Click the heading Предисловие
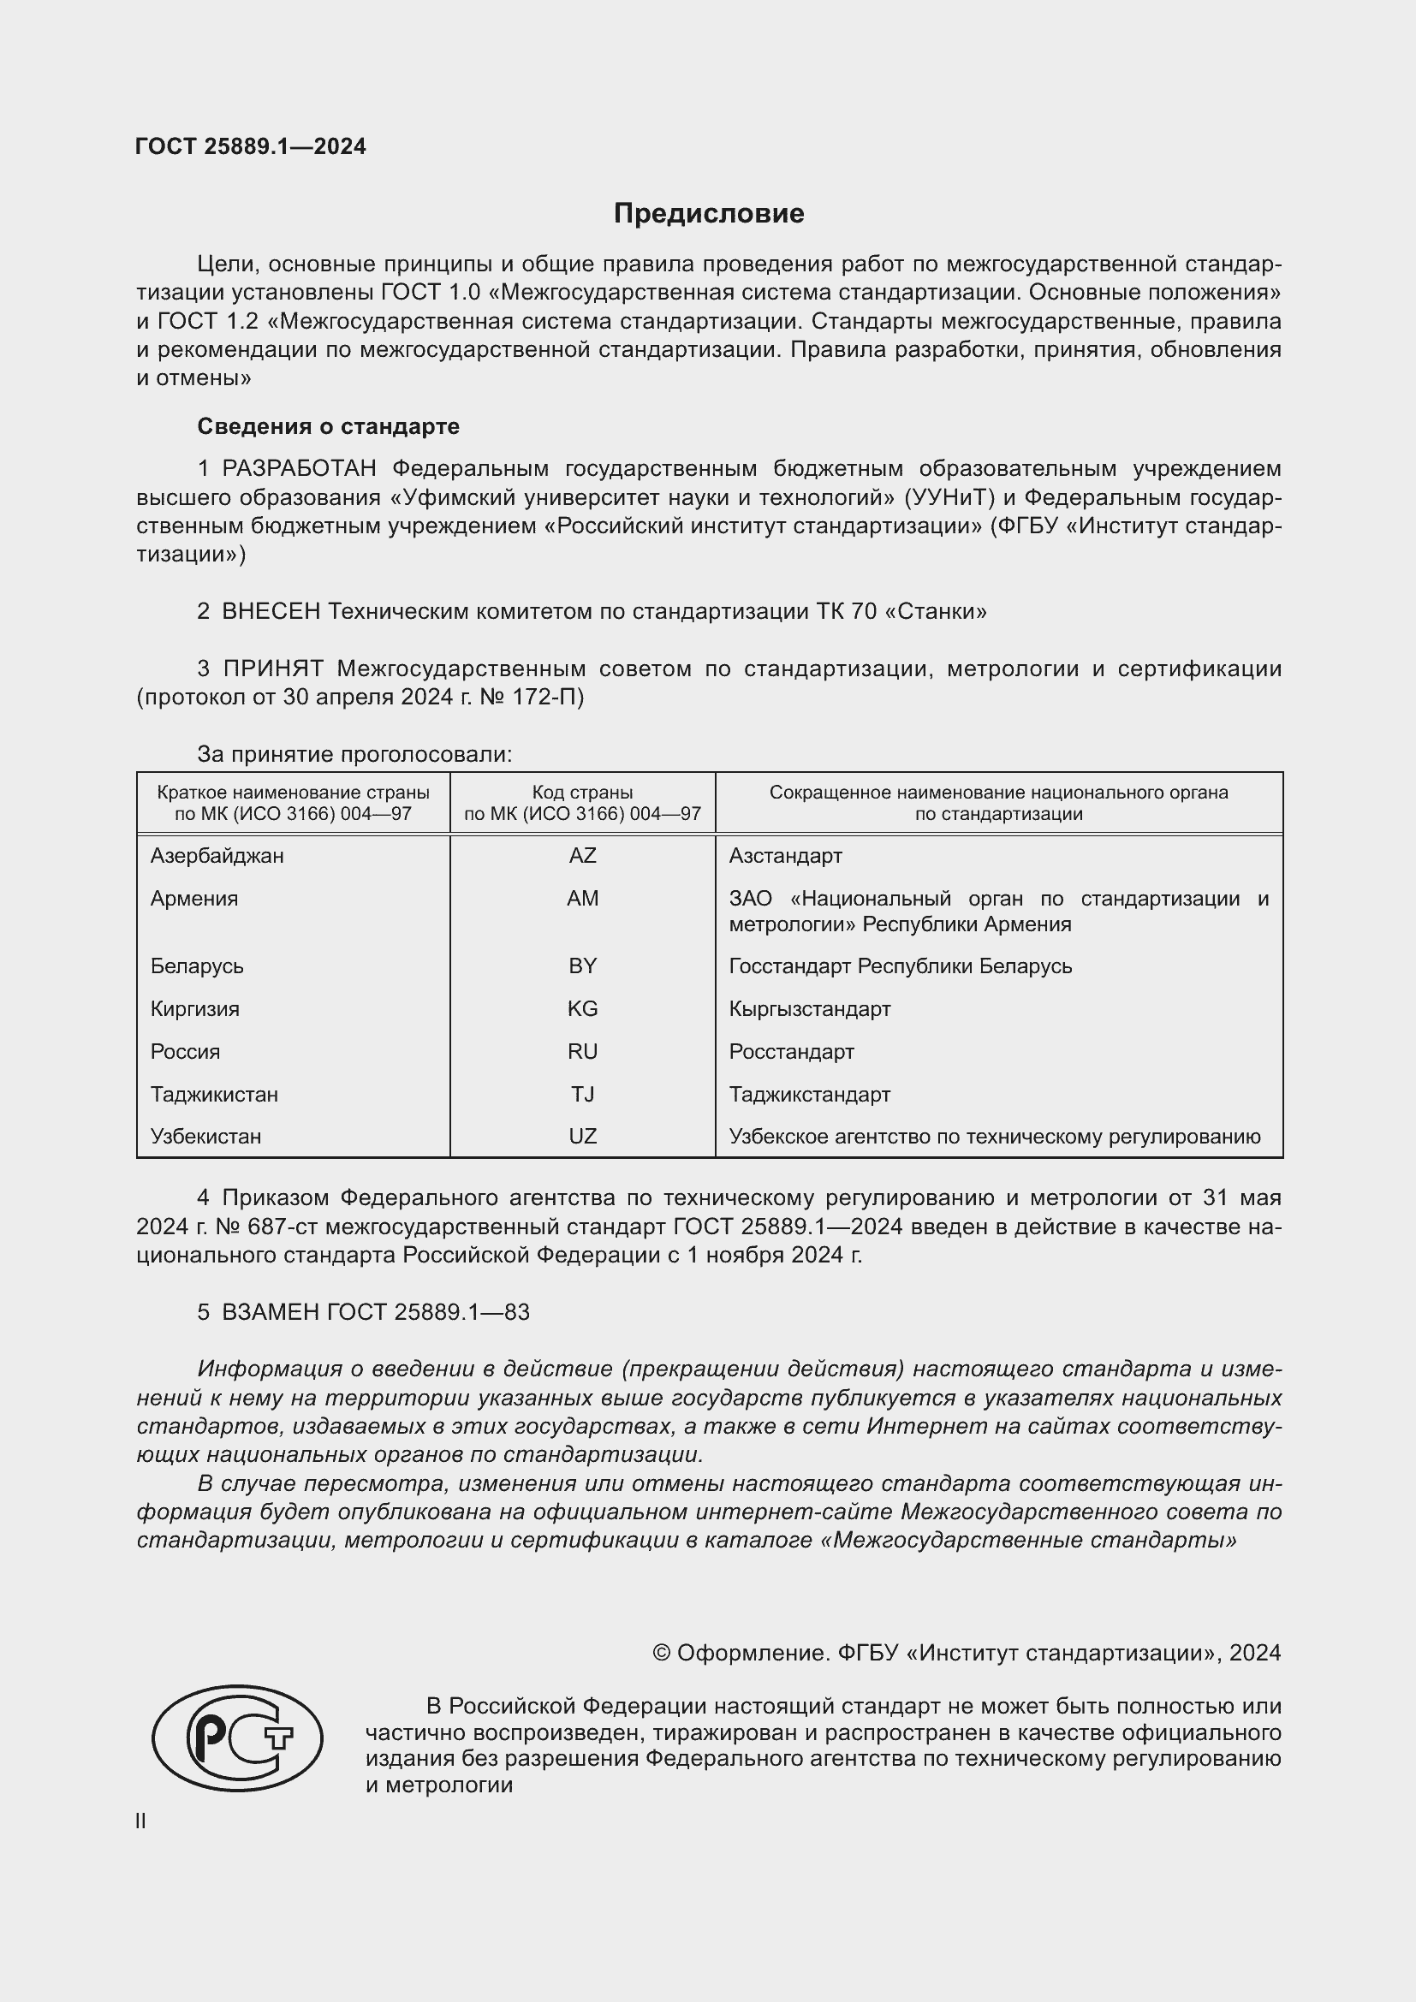[708, 214]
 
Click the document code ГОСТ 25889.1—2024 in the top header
[250, 146]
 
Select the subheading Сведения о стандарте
[328, 426]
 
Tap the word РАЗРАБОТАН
[299, 469]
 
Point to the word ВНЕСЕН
[271, 611]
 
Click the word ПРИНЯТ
[273, 668]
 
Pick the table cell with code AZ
[581, 856]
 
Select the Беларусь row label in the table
[197, 966]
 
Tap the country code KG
[581, 1009]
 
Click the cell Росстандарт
[791, 1052]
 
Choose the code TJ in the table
[581, 1095]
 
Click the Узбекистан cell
[205, 1136]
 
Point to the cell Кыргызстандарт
[809, 1009]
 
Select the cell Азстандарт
[785, 856]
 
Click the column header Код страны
[581, 793]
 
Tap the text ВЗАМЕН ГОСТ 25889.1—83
[375, 1312]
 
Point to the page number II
[140, 1821]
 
